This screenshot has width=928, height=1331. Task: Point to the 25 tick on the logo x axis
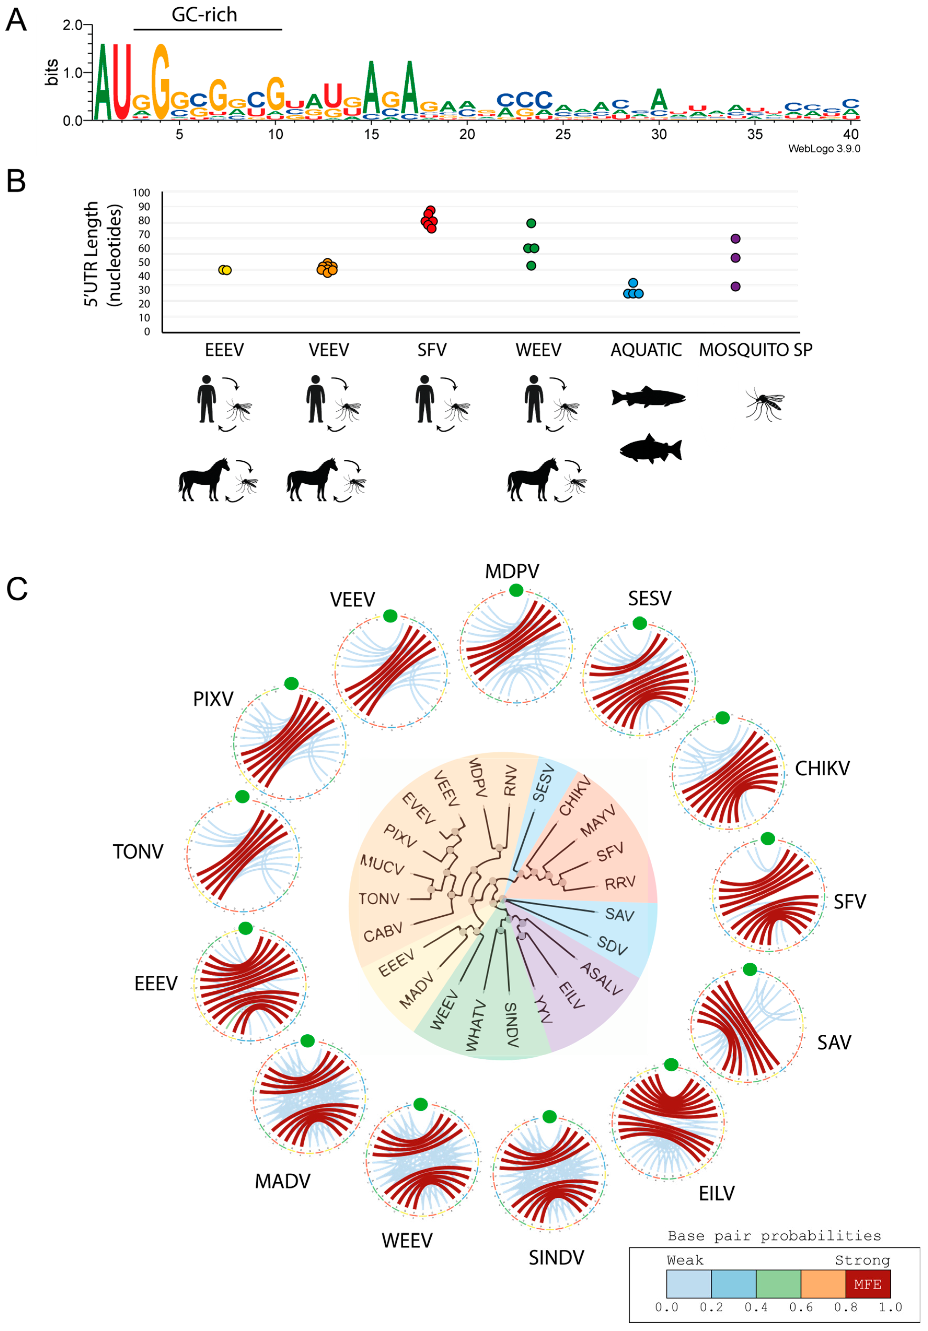point(562,134)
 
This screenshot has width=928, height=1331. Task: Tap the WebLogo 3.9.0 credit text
point(823,149)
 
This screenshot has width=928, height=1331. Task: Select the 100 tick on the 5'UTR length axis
point(142,192)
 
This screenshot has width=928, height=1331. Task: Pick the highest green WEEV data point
point(531,223)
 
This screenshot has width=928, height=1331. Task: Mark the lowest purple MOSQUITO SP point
point(735,286)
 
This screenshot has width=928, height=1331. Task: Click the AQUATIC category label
point(646,350)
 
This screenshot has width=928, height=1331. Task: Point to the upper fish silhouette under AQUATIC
point(648,398)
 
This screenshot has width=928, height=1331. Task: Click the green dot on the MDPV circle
point(516,590)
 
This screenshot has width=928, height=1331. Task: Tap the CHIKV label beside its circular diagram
point(822,769)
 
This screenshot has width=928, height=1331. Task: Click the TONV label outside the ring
point(138,852)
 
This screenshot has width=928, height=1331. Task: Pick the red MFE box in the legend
point(867,1284)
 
